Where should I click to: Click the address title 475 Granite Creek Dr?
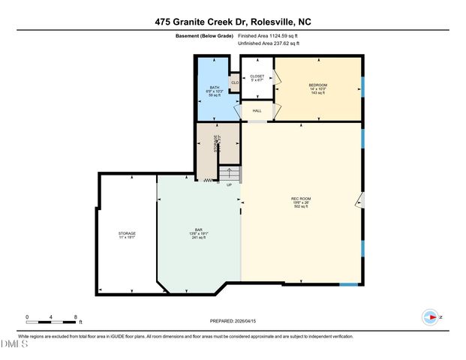(233, 22)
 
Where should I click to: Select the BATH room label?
(214, 90)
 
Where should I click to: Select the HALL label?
(257, 110)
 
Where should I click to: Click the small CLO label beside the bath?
(235, 82)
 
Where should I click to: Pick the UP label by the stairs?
(229, 185)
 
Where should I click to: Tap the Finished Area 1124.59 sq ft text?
(269, 35)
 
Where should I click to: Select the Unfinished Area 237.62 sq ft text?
(269, 44)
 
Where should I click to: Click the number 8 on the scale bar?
(76, 317)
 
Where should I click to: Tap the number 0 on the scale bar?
(27, 317)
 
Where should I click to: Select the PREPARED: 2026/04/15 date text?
(233, 321)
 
